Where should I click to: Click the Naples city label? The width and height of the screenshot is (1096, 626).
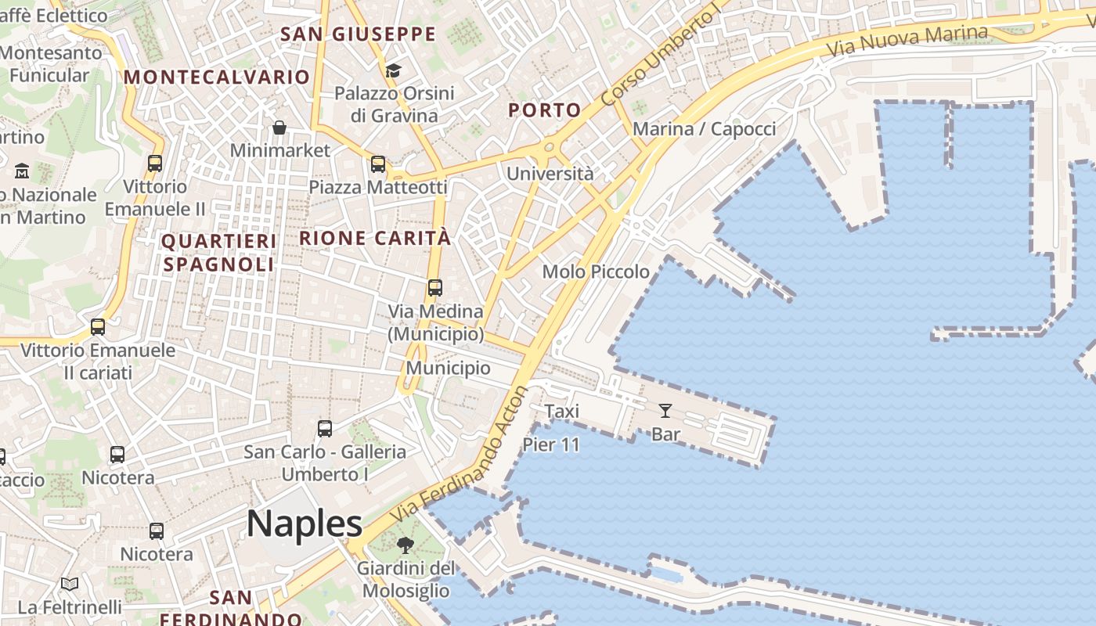tap(305, 523)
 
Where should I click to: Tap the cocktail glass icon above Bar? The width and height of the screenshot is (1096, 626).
tap(665, 410)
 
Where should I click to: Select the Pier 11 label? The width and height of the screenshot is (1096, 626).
tap(551, 445)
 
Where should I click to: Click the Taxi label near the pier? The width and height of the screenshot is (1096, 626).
tap(561, 411)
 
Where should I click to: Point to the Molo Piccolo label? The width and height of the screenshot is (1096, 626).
tap(596, 272)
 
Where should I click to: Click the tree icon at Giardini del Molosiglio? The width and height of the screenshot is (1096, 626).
tap(406, 545)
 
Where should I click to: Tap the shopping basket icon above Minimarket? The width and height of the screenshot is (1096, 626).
tap(279, 128)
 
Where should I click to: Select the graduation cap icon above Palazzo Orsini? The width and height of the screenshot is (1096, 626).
tap(393, 71)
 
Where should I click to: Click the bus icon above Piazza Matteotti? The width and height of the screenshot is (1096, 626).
tap(378, 164)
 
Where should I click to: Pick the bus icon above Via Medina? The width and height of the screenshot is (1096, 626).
tap(435, 288)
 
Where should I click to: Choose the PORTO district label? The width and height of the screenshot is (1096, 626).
tap(545, 110)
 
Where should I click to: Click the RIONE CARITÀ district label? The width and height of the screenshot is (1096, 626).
tap(376, 238)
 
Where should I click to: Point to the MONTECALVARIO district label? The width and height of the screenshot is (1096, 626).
tap(217, 77)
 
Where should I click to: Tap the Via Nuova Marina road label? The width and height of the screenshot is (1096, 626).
tap(907, 41)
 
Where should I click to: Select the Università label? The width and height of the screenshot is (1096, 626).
tap(550, 174)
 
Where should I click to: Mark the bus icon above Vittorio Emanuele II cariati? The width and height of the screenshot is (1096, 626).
tap(98, 327)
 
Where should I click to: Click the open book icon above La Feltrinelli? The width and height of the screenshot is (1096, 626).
tap(70, 584)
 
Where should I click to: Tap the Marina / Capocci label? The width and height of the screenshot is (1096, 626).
tap(704, 129)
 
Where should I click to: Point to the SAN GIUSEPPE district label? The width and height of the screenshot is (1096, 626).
tap(358, 34)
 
